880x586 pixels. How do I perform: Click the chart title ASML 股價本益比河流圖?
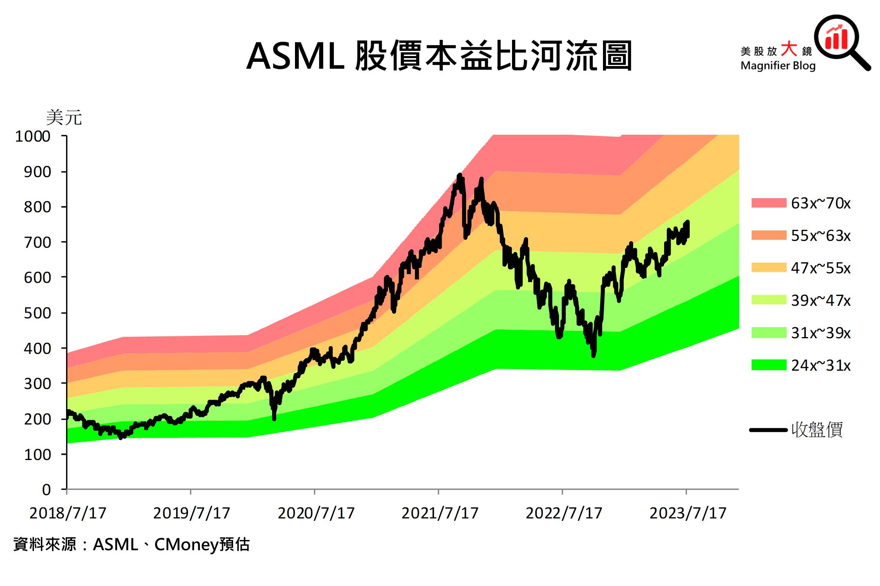coord(439,57)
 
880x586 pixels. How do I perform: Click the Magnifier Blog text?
coord(778,66)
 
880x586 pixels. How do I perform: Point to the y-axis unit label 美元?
coord(64,117)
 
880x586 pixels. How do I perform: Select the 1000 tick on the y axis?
coord(33,136)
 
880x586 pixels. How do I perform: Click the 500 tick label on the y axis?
coord(37,313)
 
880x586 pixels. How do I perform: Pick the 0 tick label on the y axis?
coord(46,489)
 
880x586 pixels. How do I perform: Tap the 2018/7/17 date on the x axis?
coord(68,513)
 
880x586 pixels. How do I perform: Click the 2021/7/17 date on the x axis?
coord(440,513)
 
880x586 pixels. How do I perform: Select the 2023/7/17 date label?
coord(688,513)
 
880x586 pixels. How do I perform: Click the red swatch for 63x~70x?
coord(768,203)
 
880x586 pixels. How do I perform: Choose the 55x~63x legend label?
coord(820,236)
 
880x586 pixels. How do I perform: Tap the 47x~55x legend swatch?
coord(768,268)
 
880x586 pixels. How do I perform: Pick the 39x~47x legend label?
coord(820,300)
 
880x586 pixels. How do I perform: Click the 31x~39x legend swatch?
coord(768,333)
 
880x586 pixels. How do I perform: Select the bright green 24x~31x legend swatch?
coord(768,365)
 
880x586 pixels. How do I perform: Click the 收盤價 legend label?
coord(817,429)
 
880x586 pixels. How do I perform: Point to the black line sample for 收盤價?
coord(768,430)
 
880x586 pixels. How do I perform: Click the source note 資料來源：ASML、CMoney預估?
coord(131,544)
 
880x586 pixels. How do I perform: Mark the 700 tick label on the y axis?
coord(37,242)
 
